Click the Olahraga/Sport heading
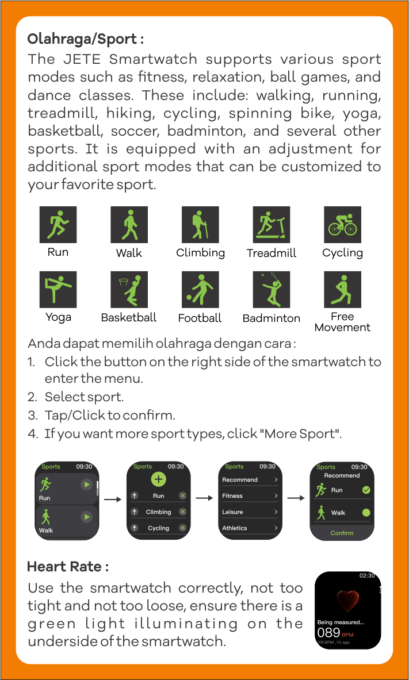[x=86, y=40]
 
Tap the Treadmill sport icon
[x=272, y=225]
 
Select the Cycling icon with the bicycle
[x=343, y=225]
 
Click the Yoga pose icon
[x=58, y=290]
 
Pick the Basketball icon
[x=129, y=290]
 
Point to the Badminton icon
[x=272, y=290]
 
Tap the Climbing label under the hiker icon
[x=201, y=253]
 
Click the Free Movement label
[x=342, y=322]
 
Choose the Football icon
[x=200, y=290]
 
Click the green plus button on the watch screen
[x=159, y=479]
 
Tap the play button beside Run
[x=87, y=485]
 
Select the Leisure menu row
[x=250, y=512]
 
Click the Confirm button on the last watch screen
[x=342, y=532]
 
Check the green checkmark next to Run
[x=366, y=490]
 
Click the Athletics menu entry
[x=250, y=528]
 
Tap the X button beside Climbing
[x=183, y=512]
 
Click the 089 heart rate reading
[x=328, y=632]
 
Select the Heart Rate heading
[x=68, y=566]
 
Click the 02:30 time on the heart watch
[x=367, y=575]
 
